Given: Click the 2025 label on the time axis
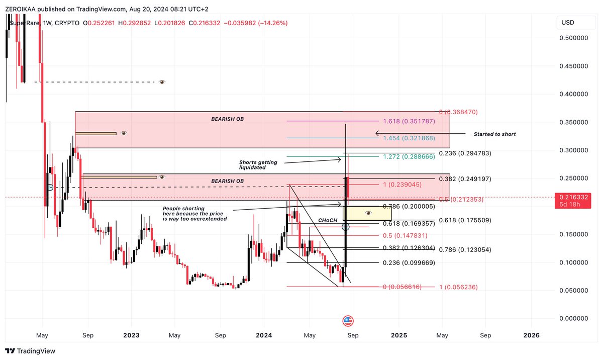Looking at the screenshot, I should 399,335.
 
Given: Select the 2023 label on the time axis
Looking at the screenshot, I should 131,335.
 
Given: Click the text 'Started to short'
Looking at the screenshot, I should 494,134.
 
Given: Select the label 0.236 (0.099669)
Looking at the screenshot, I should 409,263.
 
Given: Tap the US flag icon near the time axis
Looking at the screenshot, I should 348,321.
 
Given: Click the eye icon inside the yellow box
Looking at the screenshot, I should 368,213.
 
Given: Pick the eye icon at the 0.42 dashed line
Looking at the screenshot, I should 162,82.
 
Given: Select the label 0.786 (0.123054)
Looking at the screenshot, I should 464,250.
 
